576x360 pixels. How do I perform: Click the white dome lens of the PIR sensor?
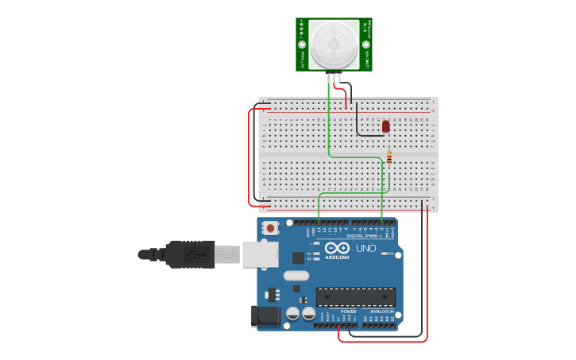(x=334, y=45)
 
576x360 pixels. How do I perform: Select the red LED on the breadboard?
(x=386, y=126)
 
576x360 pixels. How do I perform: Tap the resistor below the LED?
(x=389, y=157)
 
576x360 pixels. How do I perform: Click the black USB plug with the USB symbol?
(x=189, y=254)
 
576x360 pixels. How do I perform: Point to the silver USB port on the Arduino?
(x=260, y=254)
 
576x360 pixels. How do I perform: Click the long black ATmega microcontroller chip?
(x=355, y=297)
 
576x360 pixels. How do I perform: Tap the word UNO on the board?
(x=366, y=248)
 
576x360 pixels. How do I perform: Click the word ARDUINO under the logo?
(x=337, y=257)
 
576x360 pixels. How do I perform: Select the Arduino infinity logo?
(x=337, y=247)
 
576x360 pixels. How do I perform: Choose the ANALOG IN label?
(x=381, y=312)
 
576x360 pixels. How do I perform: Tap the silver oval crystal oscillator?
(x=296, y=277)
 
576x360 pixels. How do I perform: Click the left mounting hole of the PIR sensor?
(x=302, y=45)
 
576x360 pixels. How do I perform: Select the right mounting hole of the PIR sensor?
(x=366, y=45)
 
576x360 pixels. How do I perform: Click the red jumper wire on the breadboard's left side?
(x=250, y=155)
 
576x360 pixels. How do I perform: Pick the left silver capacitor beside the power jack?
(x=293, y=314)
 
